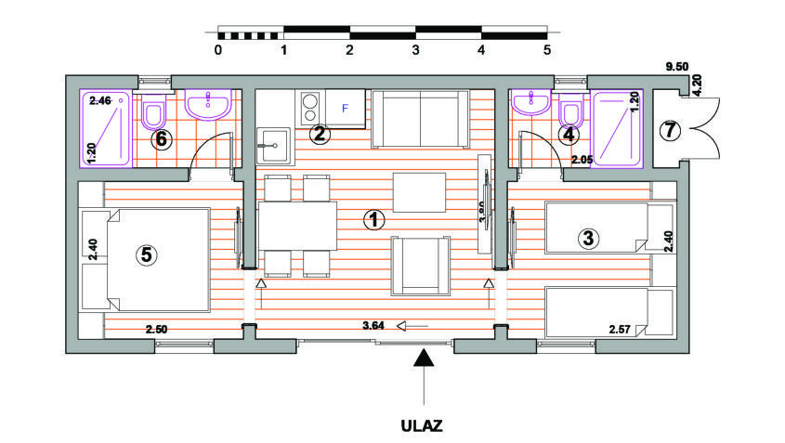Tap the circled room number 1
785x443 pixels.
(373, 220)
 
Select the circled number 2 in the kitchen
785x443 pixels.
(320, 134)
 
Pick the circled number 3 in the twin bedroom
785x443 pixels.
(587, 239)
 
